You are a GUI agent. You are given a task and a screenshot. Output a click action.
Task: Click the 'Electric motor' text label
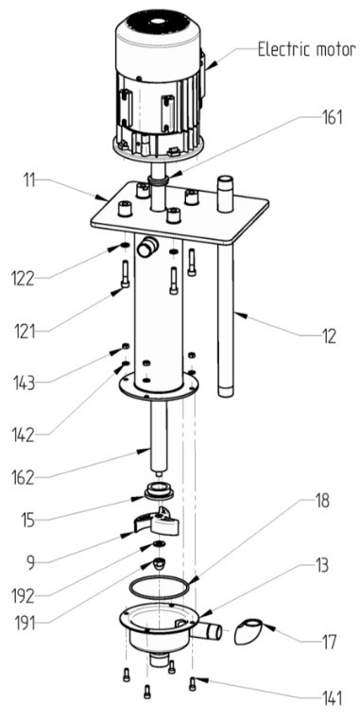click(x=304, y=49)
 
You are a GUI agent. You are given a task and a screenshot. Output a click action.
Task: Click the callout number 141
click(x=327, y=700)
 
